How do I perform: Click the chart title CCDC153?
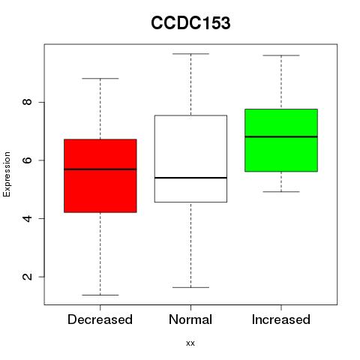point(190,23)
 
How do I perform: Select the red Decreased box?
point(100,175)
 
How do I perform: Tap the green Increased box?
point(281,140)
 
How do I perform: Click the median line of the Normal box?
point(190,178)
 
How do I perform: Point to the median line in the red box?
point(100,169)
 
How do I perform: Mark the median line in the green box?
point(281,136)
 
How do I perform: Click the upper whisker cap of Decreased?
point(100,79)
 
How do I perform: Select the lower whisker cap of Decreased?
point(100,295)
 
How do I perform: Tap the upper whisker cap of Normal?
point(190,54)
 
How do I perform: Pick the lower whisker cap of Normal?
point(190,287)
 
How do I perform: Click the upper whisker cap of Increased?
point(281,55)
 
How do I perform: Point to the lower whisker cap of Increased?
point(281,192)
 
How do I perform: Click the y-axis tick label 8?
point(28,102)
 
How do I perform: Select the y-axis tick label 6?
point(28,160)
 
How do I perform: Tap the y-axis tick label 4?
point(28,218)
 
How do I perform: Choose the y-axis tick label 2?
point(28,277)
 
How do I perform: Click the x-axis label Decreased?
point(100,319)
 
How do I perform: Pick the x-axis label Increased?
point(281,319)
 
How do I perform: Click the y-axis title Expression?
point(7,174)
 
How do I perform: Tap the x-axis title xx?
point(190,343)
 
